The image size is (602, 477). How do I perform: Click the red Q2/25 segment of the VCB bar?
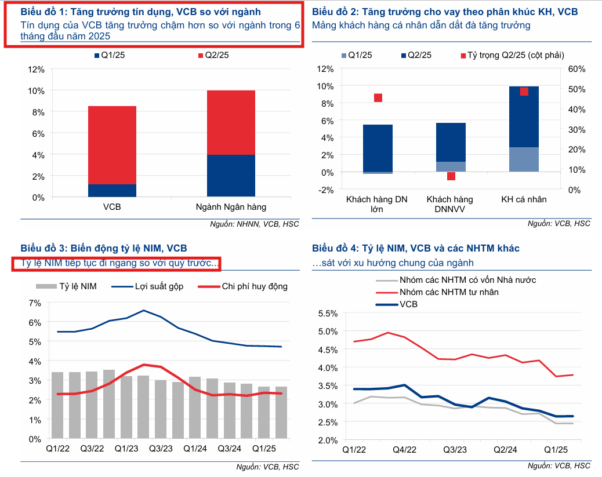[x=112, y=145]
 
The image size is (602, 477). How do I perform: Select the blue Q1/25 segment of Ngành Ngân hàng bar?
[x=231, y=176]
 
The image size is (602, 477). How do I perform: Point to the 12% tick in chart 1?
[x=36, y=70]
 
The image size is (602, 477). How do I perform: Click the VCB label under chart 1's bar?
[x=111, y=206]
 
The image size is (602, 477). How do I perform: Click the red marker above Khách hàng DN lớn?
[x=378, y=97]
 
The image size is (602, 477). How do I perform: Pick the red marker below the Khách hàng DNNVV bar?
[x=451, y=176]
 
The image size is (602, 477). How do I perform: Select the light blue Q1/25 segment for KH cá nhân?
[x=524, y=159]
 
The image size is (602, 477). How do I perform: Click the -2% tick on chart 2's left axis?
[x=325, y=190]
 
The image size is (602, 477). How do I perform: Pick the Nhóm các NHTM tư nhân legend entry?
[x=448, y=292]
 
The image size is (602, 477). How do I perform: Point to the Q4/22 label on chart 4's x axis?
[x=405, y=449]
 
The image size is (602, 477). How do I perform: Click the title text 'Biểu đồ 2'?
[x=333, y=12]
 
